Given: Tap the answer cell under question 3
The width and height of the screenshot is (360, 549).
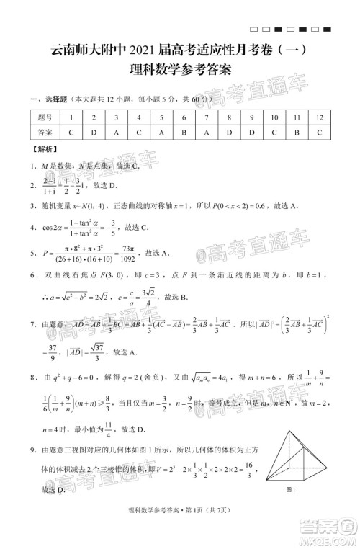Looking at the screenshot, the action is coord(116,133).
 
